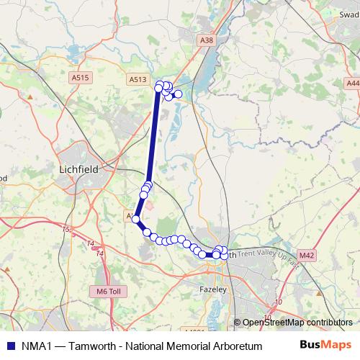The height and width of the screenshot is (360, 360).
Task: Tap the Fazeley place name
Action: pyautogui.click(x=213, y=289)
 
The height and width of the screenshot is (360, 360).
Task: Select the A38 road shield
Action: pyautogui.click(x=208, y=40)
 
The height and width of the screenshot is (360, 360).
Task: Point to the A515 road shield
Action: pyautogui.click(x=81, y=77)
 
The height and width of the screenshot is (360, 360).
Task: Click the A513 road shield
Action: pyautogui.click(x=139, y=80)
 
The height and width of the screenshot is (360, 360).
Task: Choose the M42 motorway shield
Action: pyautogui.click(x=307, y=255)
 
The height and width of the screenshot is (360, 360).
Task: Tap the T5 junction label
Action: pyautogui.click(x=66, y=230)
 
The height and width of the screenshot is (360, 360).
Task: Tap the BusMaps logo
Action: pyautogui.click(x=329, y=345)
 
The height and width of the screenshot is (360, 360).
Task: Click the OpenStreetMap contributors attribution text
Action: pyautogui.click(x=297, y=323)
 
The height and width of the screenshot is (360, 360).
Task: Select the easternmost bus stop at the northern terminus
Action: pyautogui.click(x=178, y=94)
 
